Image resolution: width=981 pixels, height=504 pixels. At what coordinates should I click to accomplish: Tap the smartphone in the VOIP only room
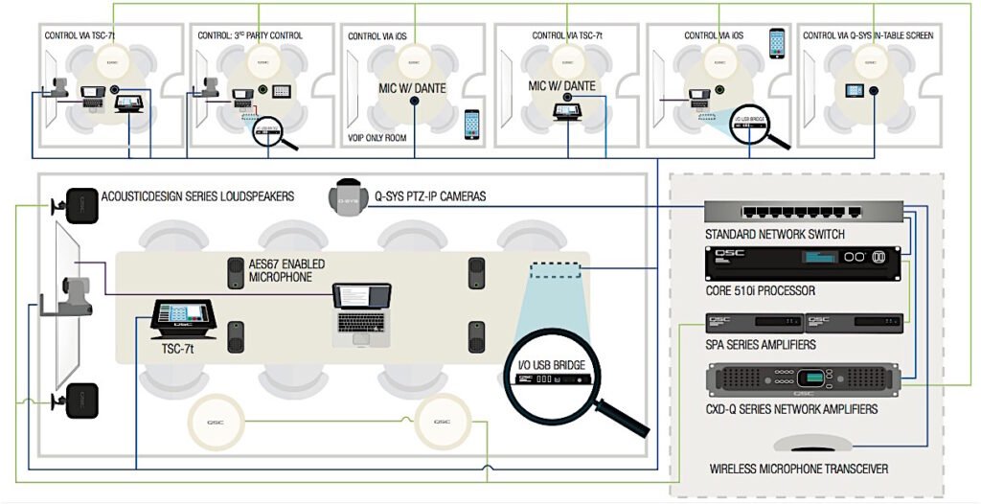click(470, 123)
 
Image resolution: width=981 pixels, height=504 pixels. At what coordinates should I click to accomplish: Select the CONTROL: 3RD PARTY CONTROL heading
click(250, 35)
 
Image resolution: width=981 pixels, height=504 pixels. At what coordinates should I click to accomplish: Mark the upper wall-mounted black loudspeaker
click(80, 204)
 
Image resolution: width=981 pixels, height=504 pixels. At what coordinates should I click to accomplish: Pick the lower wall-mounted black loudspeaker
click(81, 400)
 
